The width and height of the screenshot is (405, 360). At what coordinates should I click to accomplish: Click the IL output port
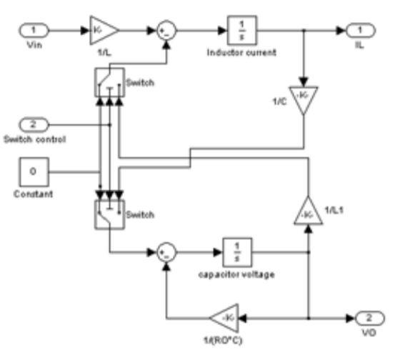(356, 31)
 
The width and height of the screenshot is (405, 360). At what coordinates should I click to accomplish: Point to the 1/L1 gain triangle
(308, 212)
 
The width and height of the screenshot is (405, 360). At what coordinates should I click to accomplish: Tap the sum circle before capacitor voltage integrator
(165, 253)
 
